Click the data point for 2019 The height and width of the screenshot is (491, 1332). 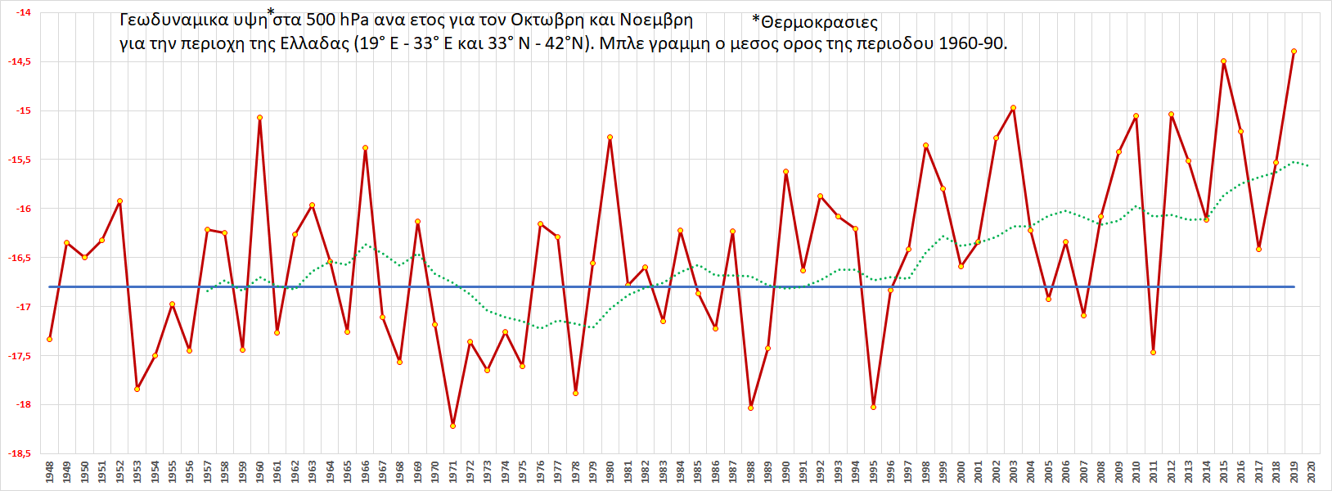pos(1294,52)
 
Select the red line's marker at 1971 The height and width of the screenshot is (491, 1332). pos(452,426)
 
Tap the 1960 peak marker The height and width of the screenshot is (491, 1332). pos(259,118)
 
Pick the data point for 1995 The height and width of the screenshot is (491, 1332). pos(874,407)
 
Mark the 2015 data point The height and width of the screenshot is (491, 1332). pos(1223,61)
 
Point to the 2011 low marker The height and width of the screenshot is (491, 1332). pos(1153,353)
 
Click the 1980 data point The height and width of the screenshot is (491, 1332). pos(610,137)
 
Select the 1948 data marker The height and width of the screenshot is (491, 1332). pos(50,339)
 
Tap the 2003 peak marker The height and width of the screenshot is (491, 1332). pos(1014,108)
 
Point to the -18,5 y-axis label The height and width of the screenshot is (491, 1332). pos(20,453)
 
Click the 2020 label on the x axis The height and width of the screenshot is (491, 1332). pos(1312,472)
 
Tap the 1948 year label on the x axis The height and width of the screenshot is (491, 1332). pos(50,472)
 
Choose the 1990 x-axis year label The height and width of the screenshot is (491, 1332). pos(785,472)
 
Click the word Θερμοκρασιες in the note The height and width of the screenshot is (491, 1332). pos(818,23)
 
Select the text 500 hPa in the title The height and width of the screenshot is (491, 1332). pos(337,20)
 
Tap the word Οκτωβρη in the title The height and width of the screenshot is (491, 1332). pos(547,20)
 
